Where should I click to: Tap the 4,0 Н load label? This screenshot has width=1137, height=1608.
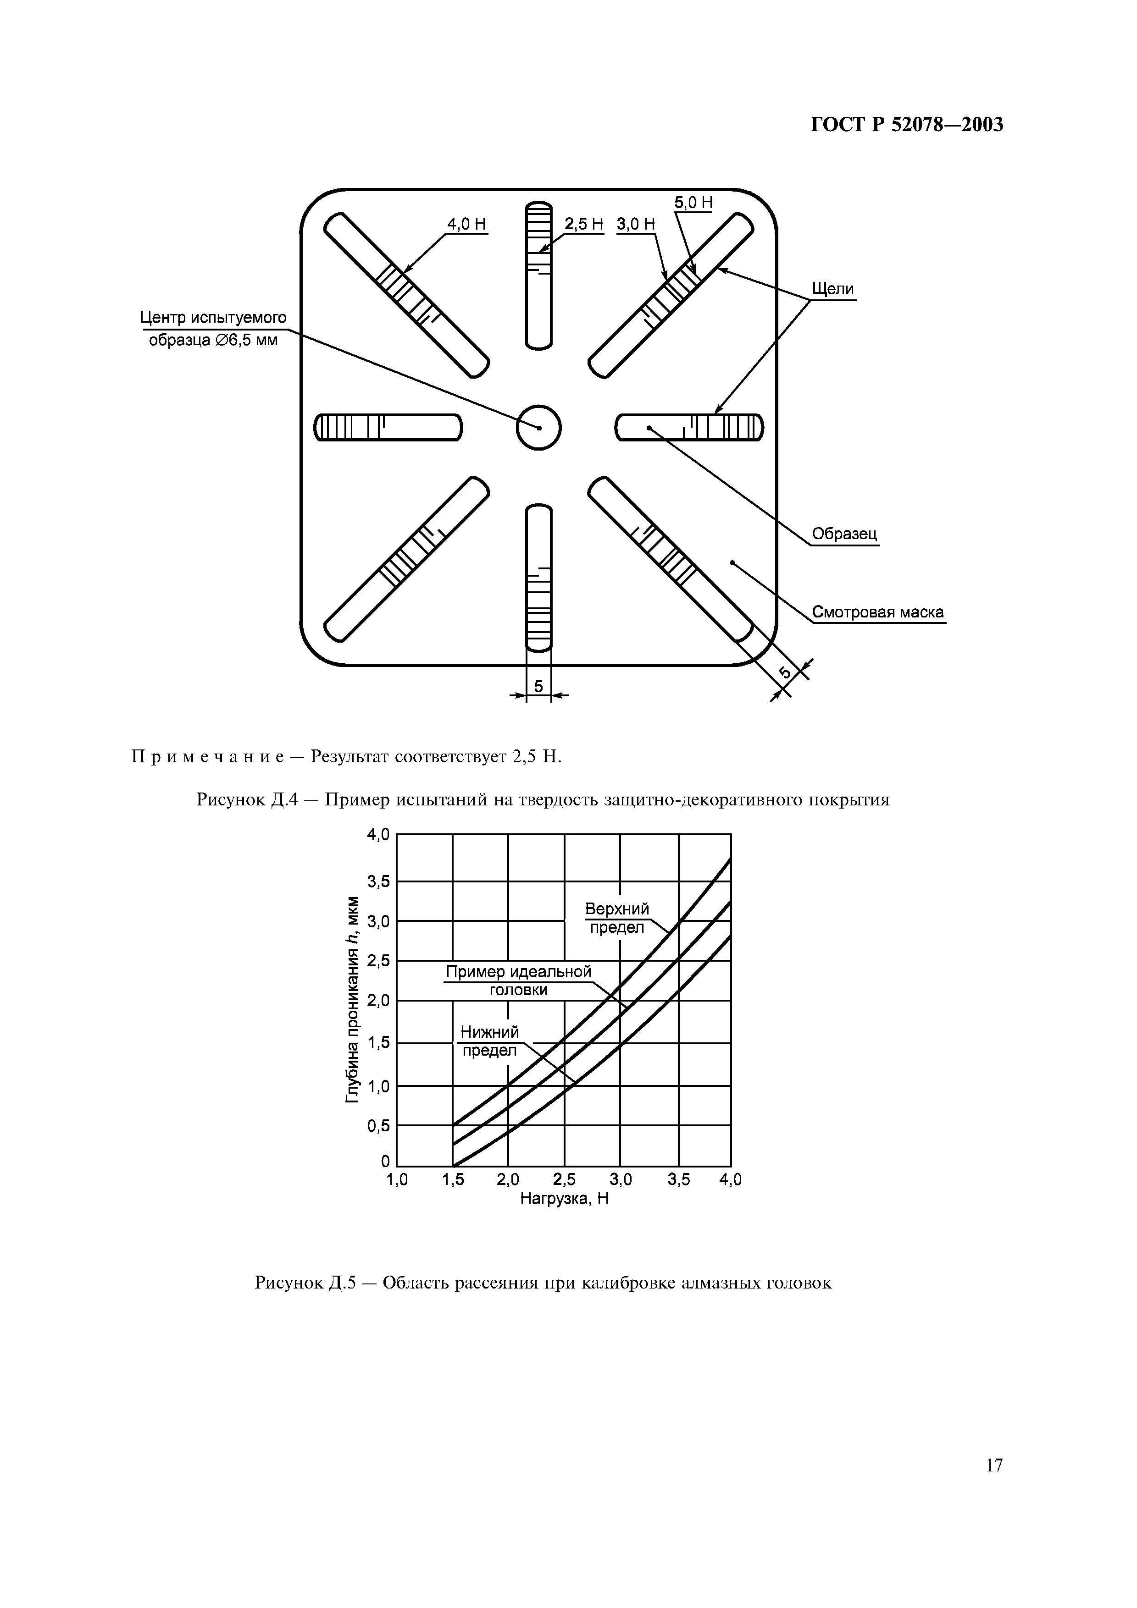click(x=466, y=224)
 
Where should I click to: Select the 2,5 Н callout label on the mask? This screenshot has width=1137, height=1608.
click(x=583, y=224)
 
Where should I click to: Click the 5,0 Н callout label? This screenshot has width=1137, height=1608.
click(x=693, y=203)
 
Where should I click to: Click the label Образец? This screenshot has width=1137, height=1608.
click(x=844, y=534)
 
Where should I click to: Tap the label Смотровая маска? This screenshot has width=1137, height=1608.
click(x=878, y=613)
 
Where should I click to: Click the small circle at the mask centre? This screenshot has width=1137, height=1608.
click(x=539, y=427)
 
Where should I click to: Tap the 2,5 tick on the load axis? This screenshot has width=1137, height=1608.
click(x=564, y=1180)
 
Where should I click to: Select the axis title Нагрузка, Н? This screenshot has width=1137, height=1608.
click(x=564, y=1199)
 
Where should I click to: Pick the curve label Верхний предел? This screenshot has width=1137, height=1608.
click(x=616, y=918)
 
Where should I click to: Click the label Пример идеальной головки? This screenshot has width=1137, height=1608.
click(x=518, y=980)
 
